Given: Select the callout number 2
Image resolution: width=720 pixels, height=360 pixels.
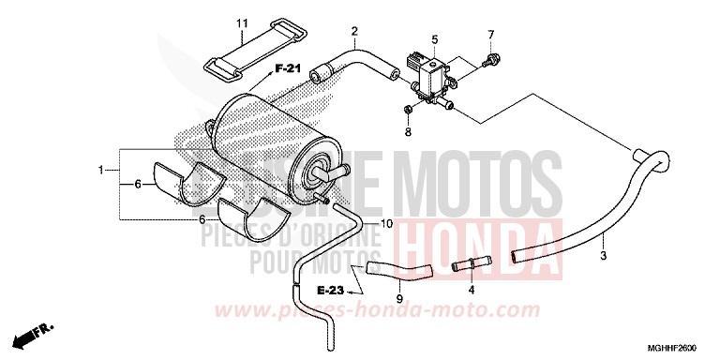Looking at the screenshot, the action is (354, 32).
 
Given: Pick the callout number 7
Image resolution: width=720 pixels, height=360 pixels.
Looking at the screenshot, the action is (489, 36).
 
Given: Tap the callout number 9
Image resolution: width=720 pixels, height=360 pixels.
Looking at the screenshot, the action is (398, 298).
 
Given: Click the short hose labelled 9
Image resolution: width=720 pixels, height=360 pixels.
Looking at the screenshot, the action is (397, 271).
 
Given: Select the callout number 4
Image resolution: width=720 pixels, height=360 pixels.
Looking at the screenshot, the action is (472, 291).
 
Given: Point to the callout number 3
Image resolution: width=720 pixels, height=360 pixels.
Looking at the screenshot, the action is (604, 254).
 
